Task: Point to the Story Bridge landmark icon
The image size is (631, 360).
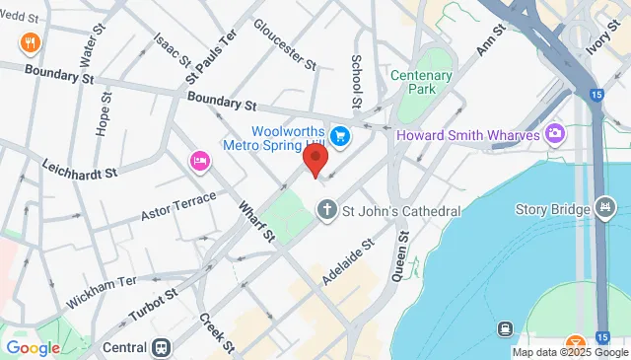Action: point(604,208)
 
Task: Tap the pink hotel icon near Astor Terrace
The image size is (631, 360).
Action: point(199,161)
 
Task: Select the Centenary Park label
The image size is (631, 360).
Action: point(421,83)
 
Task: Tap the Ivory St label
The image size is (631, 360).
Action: point(600,43)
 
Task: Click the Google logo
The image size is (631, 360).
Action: point(33,347)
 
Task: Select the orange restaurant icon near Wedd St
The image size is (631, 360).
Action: point(30,43)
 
